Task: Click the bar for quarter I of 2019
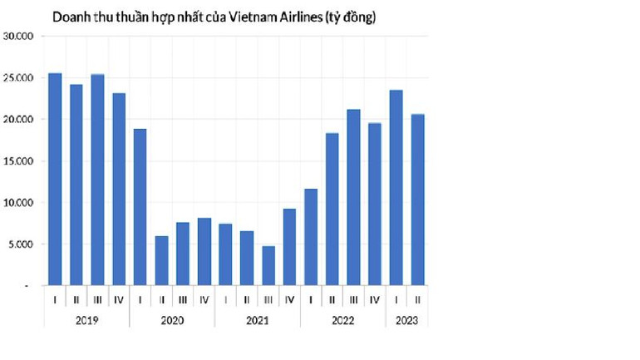55,180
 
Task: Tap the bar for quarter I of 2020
140,207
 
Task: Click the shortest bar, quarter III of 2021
268,265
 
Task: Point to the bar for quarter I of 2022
310,237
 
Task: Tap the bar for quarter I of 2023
396,188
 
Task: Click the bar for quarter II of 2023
417,200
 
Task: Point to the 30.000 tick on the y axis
17,37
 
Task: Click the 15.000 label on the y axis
17,161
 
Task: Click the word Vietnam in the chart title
242,17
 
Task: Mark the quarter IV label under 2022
374,299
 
